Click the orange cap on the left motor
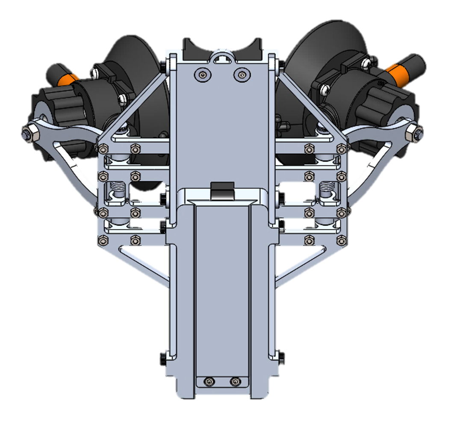point(69,79)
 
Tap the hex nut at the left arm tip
point(27,134)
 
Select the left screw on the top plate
point(202,74)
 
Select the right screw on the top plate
point(242,74)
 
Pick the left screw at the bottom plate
point(209,381)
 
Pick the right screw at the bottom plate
point(234,381)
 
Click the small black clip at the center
point(223,191)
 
